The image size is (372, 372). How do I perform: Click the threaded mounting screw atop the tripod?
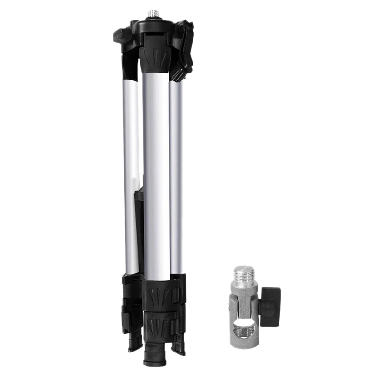[153, 13]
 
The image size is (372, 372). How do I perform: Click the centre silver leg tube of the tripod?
[156, 177]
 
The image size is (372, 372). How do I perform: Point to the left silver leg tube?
[131, 177]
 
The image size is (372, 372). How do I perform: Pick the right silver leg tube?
[176, 177]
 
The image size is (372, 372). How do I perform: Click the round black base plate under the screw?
[153, 21]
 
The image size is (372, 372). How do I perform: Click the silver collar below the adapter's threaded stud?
[244, 286]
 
